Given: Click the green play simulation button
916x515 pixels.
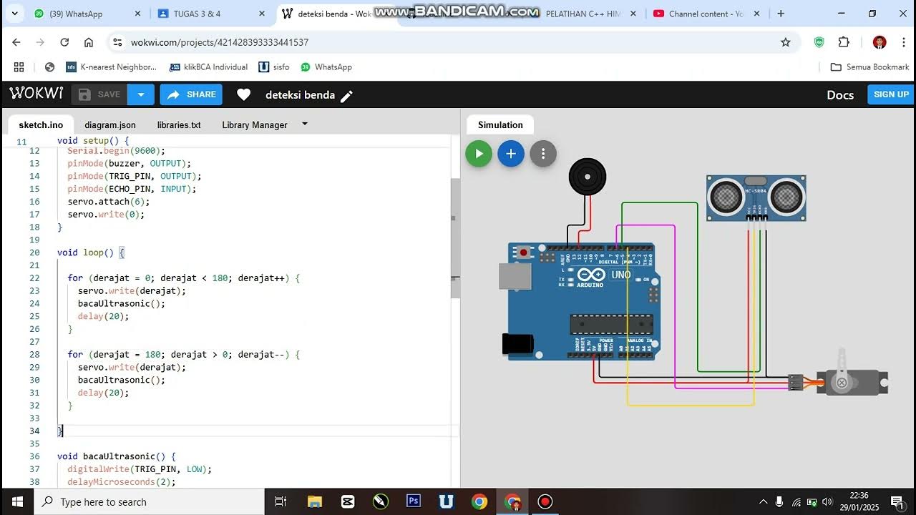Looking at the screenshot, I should pos(479,154).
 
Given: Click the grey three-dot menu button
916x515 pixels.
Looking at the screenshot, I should pos(543,154).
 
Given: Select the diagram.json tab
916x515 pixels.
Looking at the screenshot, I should pos(109,124).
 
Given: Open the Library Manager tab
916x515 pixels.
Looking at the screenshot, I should pos(254,124).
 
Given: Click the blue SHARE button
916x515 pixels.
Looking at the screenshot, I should pos(191,94).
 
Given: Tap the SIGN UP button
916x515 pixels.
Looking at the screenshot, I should pos(890,94).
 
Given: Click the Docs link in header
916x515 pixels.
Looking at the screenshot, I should pos(840,95).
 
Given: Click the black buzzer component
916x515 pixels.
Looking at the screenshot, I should pos(588,177).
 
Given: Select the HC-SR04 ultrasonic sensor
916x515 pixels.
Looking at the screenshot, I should pos(756,196).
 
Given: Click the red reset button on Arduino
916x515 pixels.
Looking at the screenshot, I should pos(524,252).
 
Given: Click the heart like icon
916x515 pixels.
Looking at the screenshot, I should pos(244,94).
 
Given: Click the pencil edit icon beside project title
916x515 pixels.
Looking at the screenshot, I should pos(346,96).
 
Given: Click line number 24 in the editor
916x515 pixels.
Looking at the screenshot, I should pos(34,303).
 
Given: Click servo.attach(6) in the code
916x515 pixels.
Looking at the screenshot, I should pos(109,202).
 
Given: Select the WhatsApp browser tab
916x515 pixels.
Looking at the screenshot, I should pos(75,14).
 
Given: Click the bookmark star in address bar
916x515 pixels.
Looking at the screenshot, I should pos(785,42).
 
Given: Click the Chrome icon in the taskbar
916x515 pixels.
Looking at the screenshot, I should pos(479,501).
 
